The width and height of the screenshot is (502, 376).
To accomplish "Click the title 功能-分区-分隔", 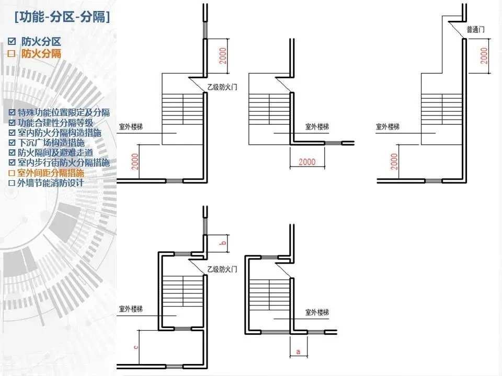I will [63, 17].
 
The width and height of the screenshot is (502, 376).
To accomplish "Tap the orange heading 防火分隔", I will [41, 54].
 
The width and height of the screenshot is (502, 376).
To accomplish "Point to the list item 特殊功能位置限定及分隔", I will [64, 113].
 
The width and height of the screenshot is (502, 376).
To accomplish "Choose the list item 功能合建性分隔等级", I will [55, 123].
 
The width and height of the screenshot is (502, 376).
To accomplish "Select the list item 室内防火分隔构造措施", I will [60, 133].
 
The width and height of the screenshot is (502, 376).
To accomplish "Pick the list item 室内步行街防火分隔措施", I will [64, 162].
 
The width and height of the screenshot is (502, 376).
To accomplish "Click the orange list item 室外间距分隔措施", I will [50, 173].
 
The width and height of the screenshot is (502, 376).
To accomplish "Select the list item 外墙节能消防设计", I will [50, 183].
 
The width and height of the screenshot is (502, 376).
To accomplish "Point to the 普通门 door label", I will [475, 30].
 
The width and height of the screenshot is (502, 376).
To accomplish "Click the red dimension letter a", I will [298, 352].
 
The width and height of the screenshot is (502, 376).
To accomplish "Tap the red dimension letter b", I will [222, 243].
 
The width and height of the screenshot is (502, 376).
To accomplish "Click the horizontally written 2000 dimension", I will [307, 162].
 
